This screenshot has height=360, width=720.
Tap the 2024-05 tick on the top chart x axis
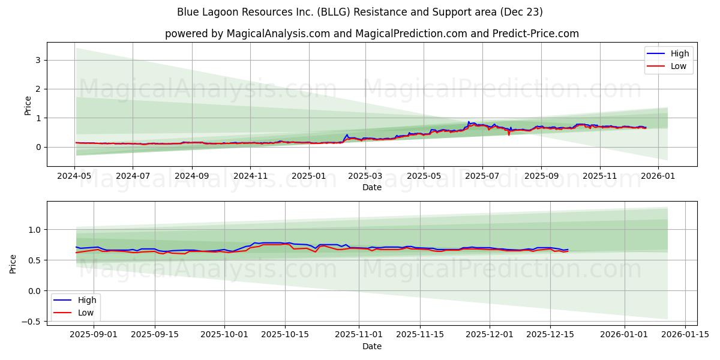pos(74,176)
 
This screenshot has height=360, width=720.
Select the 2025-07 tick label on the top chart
pos(482,176)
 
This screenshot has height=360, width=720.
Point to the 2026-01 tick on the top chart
pos(658,176)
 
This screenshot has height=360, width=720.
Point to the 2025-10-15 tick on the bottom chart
pos(285,334)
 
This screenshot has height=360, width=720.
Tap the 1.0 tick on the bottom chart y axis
pos(35,230)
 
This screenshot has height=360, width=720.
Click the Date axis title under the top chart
pos(372,188)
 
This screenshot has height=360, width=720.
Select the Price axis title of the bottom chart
pos(13,263)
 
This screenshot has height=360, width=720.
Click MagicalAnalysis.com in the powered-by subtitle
pos(278,34)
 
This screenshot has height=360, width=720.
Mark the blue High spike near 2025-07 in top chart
pos(469,122)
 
